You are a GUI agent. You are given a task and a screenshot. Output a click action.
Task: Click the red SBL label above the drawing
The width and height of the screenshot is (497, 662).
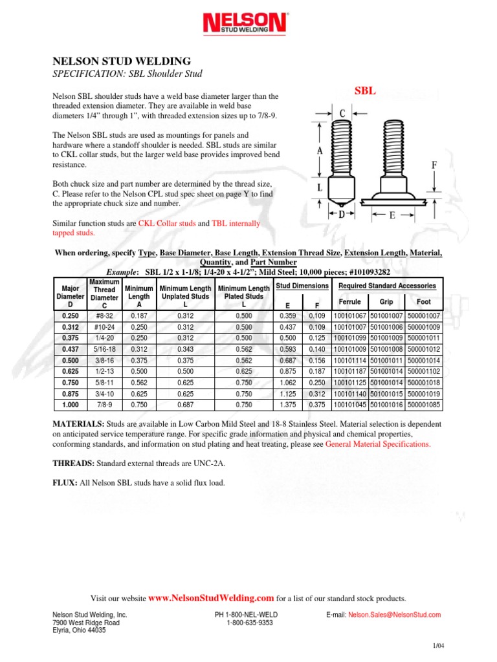tap(364, 91)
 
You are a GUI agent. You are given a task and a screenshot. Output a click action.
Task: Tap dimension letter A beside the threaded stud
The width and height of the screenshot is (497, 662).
tap(320, 150)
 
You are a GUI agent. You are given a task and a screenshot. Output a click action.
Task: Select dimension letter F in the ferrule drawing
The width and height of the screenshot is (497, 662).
tap(434, 165)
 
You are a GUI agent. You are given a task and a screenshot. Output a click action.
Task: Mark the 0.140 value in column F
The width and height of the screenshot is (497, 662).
tap(317, 348)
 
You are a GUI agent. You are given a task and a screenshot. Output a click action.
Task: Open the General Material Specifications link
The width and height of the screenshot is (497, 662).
tap(377, 445)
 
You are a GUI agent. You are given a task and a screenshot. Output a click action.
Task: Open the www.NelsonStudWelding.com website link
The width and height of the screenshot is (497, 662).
tap(212, 599)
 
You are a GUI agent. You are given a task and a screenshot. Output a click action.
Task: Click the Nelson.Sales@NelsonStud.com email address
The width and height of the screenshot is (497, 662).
tap(394, 615)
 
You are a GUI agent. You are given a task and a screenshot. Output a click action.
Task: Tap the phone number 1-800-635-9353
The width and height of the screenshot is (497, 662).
tap(250, 623)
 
